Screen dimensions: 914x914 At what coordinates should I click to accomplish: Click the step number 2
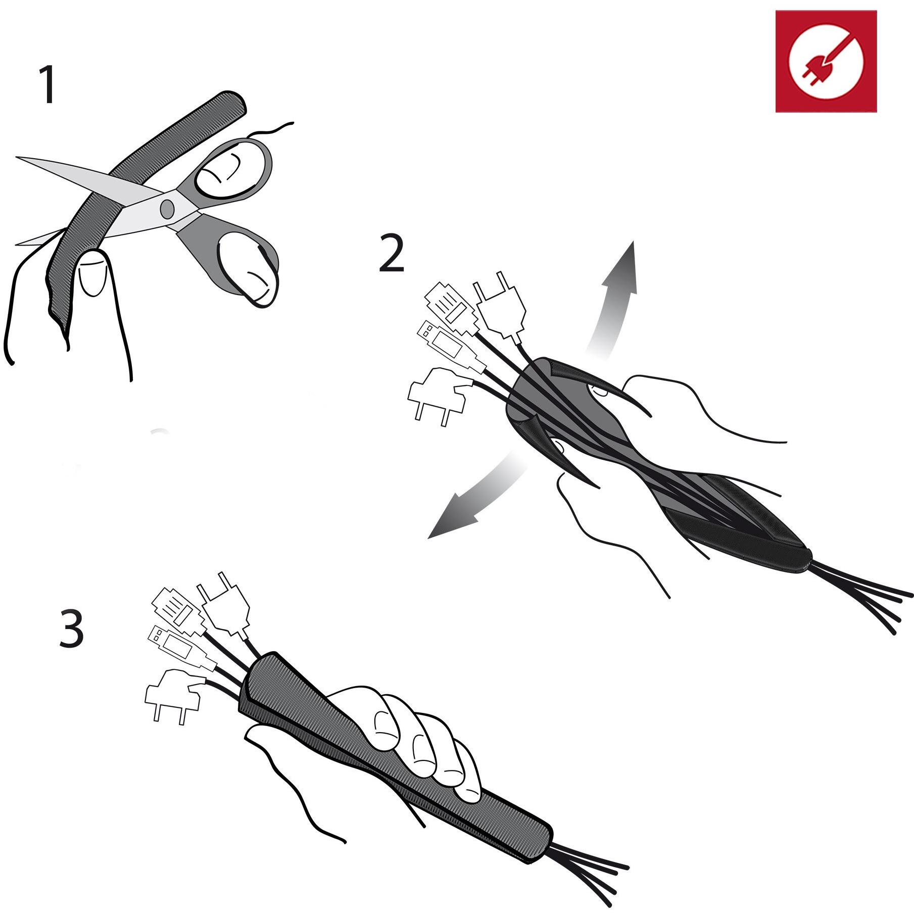pyautogui.click(x=392, y=254)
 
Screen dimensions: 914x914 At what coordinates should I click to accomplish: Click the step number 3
pyautogui.click(x=71, y=628)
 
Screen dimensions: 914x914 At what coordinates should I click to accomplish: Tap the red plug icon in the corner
pyautogui.click(x=826, y=61)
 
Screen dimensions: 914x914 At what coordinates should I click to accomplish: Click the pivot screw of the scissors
pyautogui.click(x=167, y=208)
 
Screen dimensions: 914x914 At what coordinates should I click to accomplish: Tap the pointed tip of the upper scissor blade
pyautogui.click(x=17, y=158)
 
